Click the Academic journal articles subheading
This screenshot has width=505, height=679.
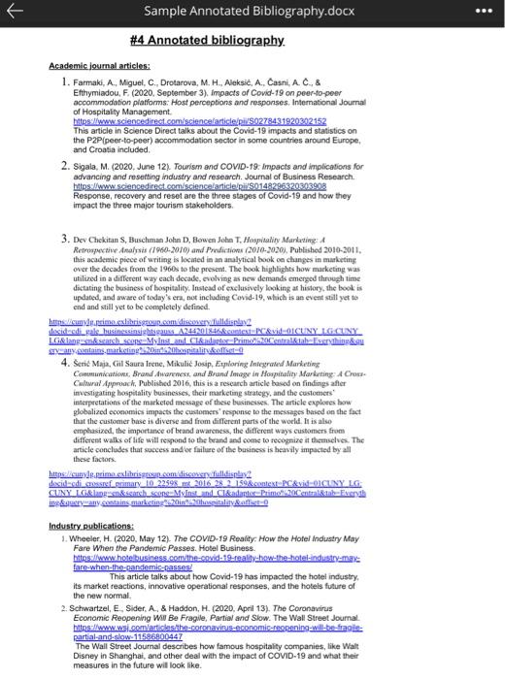click(97, 64)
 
